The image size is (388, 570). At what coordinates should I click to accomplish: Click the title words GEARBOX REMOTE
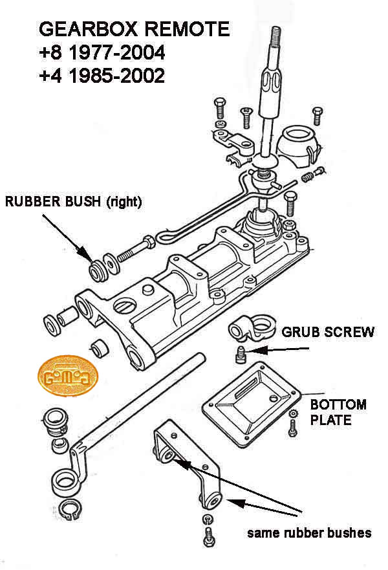click(134, 29)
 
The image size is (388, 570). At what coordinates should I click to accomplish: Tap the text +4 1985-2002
click(103, 76)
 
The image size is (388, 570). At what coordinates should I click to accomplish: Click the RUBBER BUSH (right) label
click(73, 202)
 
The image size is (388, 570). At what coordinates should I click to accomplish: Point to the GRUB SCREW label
click(327, 333)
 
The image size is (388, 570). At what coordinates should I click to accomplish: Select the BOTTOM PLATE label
click(338, 413)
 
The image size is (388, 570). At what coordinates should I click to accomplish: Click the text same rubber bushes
click(309, 533)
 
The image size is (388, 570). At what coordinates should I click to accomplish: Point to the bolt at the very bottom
click(208, 535)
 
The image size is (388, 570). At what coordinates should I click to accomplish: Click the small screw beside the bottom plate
click(292, 424)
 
